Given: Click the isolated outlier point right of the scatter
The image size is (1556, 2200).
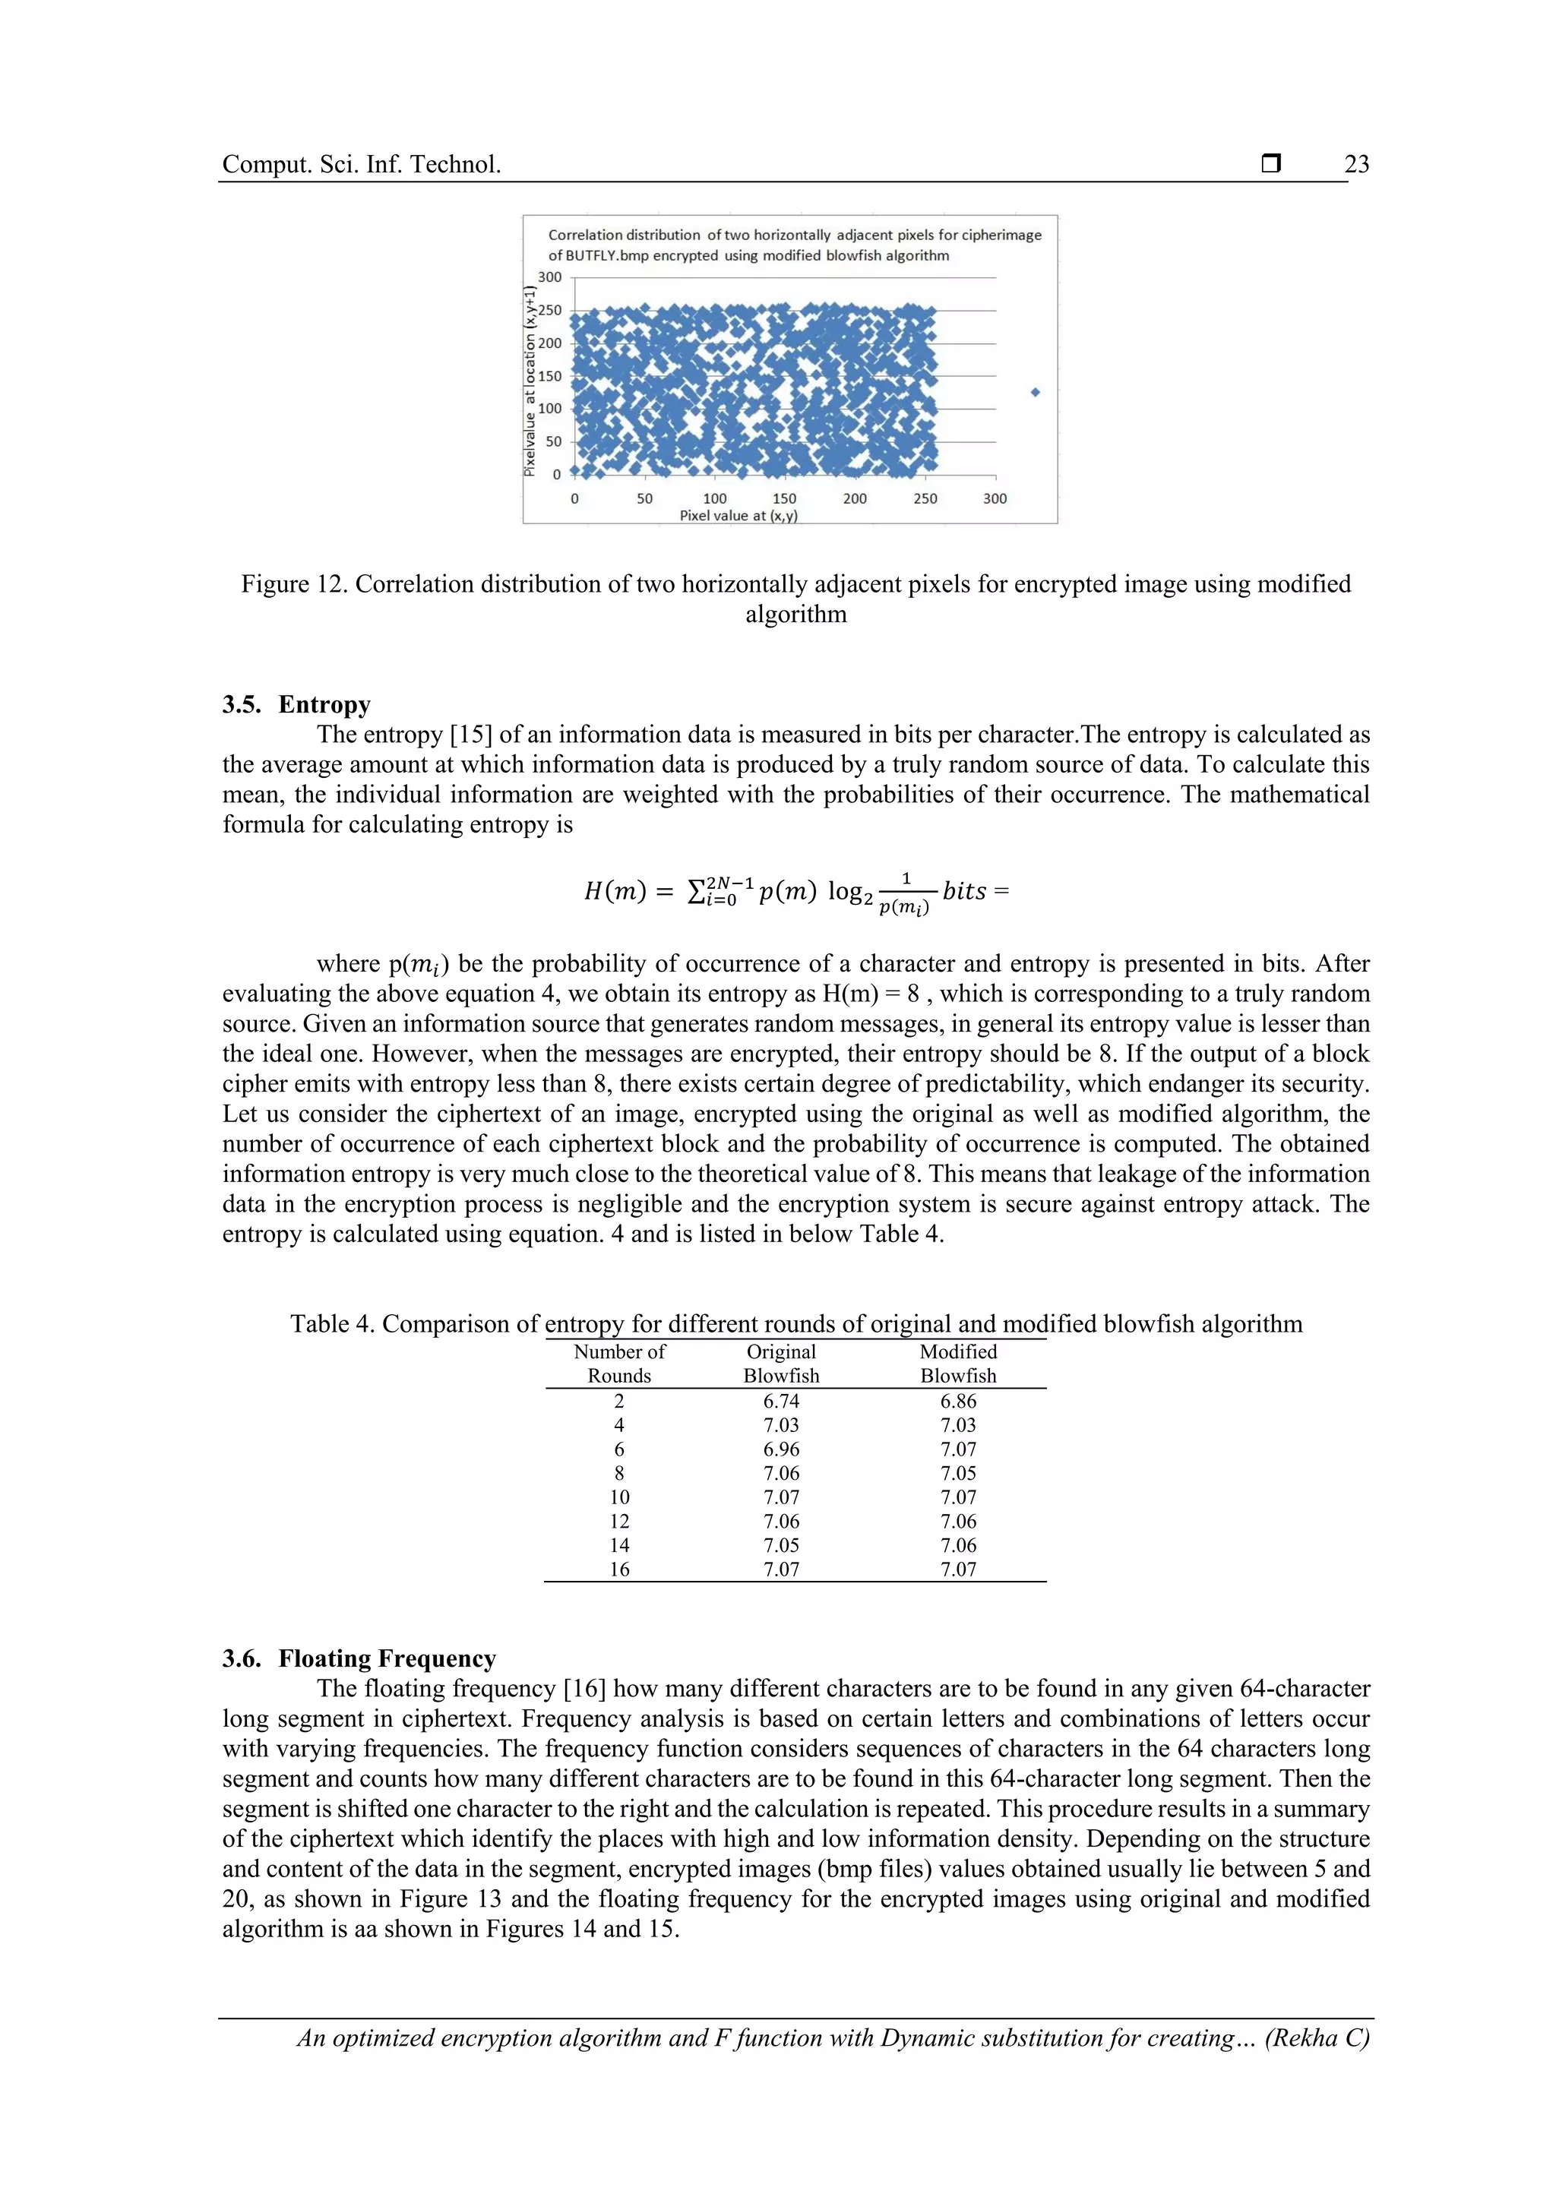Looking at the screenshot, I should pos(1035,392).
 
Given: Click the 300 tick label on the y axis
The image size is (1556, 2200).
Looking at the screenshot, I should pos(549,277).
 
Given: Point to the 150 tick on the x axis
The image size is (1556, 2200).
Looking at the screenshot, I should pos(784,498).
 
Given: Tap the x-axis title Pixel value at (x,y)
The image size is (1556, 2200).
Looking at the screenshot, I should pos(738,516).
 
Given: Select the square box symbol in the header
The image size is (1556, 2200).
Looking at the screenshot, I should pos(1270,164).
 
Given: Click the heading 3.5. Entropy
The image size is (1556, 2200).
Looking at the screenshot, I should pos(296,704).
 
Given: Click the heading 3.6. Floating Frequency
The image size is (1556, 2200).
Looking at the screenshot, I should pos(359,1658).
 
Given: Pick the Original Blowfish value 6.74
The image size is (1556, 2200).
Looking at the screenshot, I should pos(781,1401).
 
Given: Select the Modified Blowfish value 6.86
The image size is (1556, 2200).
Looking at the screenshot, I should pos(958,1401).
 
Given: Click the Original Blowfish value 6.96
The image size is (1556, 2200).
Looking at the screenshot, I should pos(781,1449).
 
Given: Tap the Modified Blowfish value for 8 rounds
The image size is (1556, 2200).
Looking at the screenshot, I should pos(958,1473).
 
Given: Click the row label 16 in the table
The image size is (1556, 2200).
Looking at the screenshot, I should pos(620,1569).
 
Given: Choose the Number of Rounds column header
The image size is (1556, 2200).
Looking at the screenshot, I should pos(619,1364).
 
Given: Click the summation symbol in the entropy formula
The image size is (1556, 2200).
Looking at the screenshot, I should pos(697,892).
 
